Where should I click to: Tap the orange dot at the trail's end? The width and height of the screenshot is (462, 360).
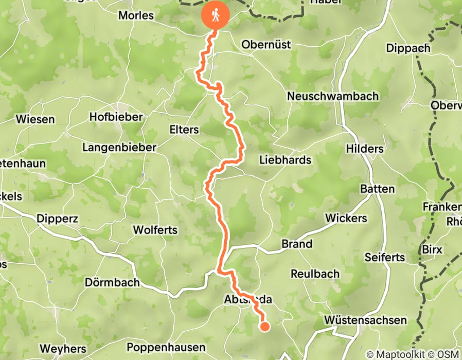[265, 326]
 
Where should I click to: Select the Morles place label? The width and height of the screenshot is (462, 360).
[136, 15]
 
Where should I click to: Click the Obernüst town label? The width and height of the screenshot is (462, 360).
[266, 45]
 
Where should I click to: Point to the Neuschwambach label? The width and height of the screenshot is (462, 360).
[333, 96]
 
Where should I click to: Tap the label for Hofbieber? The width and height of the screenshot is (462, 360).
[116, 117]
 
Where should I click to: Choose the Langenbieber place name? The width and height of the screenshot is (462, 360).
[119, 148]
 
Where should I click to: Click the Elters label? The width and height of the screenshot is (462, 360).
[184, 129]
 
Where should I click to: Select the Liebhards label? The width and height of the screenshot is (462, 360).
[285, 160]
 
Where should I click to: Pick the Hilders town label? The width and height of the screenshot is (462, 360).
[365, 149]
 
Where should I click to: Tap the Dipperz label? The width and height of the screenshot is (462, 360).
[57, 219]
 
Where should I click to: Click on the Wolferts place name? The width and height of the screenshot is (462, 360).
[155, 229]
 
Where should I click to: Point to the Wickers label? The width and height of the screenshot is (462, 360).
[346, 218]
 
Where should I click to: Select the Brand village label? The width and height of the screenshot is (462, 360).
[297, 244]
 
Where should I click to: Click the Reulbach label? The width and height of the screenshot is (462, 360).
[315, 274]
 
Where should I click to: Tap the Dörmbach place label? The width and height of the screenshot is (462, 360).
[112, 282]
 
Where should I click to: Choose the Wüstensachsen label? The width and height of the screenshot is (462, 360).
[365, 320]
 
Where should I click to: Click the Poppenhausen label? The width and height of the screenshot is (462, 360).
[166, 347]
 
